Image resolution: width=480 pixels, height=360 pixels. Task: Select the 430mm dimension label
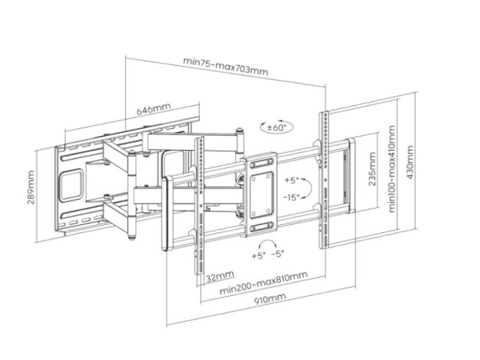(409, 164)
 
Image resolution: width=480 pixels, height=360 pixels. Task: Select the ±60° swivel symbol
(274, 127)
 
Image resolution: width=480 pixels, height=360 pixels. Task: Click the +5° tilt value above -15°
(292, 180)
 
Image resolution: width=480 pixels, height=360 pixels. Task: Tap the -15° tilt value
(292, 196)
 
